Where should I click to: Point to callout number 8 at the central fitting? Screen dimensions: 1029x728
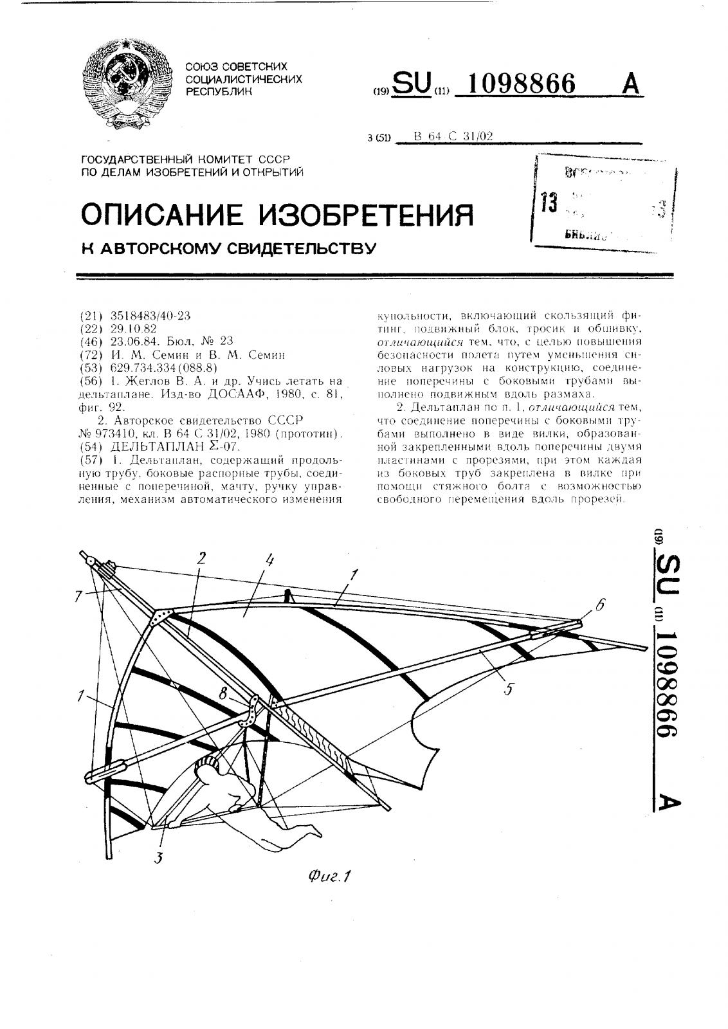tap(223, 694)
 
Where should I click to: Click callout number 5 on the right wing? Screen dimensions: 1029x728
tap(508, 689)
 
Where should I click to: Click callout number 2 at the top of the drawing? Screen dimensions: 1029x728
tap(201, 557)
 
